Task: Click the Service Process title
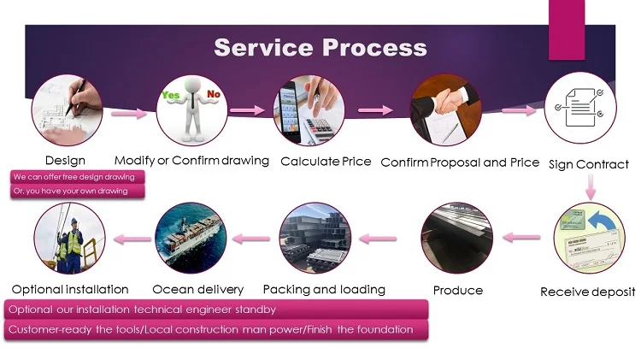[320, 46]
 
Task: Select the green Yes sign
[172, 95]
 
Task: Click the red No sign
[214, 94]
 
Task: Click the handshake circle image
[445, 111]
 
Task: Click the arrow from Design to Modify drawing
[129, 111]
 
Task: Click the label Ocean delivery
[197, 289]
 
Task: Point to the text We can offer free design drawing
[74, 177]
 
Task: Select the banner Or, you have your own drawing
[70, 191]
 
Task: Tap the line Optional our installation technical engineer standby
[142, 310]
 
